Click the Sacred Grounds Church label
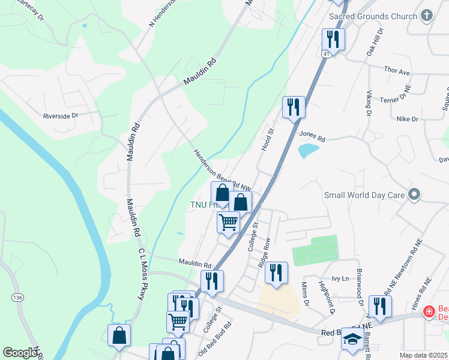(x=373, y=16)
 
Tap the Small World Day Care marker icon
(x=414, y=194)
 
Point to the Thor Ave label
(x=396, y=71)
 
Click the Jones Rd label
(x=312, y=138)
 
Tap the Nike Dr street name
(x=407, y=119)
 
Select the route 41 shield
(x=325, y=54)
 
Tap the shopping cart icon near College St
(x=228, y=222)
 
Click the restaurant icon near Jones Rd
(x=294, y=107)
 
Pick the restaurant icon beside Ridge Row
(x=276, y=272)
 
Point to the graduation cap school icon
(x=352, y=340)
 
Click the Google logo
(x=20, y=353)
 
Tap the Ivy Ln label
(x=341, y=278)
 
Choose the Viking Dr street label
(x=369, y=104)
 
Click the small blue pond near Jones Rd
(x=308, y=150)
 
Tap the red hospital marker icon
(x=429, y=311)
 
